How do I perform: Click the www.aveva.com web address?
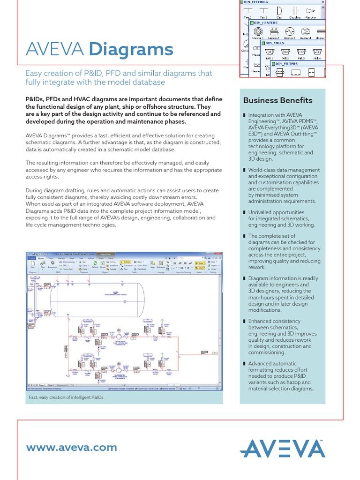72,448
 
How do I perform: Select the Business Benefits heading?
277,100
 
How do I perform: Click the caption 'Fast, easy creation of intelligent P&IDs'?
66,397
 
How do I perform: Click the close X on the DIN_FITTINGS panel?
323,2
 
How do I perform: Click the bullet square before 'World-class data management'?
244,170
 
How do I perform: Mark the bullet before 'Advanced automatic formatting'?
244,363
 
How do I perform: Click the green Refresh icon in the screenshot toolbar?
95,263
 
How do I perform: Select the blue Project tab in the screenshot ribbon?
31,258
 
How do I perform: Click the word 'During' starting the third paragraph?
35,190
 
